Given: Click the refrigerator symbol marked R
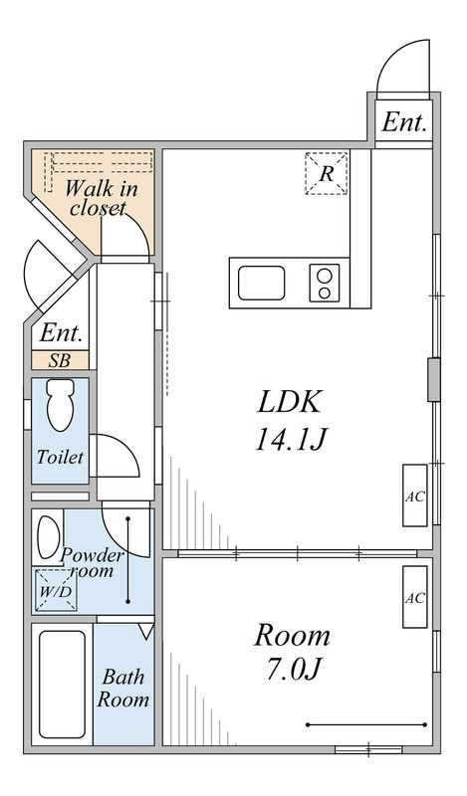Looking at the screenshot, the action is pyautogui.click(x=327, y=173).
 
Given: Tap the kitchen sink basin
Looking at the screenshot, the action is pyautogui.click(x=262, y=283).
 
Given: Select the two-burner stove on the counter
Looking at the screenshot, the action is pyautogui.click(x=325, y=283).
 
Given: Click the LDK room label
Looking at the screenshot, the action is pyautogui.click(x=290, y=402).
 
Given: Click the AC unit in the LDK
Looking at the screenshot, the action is pyautogui.click(x=415, y=496).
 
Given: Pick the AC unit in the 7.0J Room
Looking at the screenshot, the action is pyautogui.click(x=415, y=597).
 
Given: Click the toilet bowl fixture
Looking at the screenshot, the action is pyautogui.click(x=61, y=405).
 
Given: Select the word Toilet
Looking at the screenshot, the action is pyautogui.click(x=60, y=457).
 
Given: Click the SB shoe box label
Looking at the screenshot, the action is pyautogui.click(x=60, y=360).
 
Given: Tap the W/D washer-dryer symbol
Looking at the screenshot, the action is pyautogui.click(x=57, y=591).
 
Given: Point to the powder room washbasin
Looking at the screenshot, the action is pyautogui.click(x=48, y=537).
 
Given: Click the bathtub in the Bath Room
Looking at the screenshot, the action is pyautogui.click(x=62, y=685).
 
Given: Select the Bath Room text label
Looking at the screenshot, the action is pyautogui.click(x=123, y=688).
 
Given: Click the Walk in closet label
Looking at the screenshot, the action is pyautogui.click(x=101, y=198).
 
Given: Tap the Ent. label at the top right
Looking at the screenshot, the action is pyautogui.click(x=404, y=121).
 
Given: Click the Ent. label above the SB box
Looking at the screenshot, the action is pyautogui.click(x=61, y=333).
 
